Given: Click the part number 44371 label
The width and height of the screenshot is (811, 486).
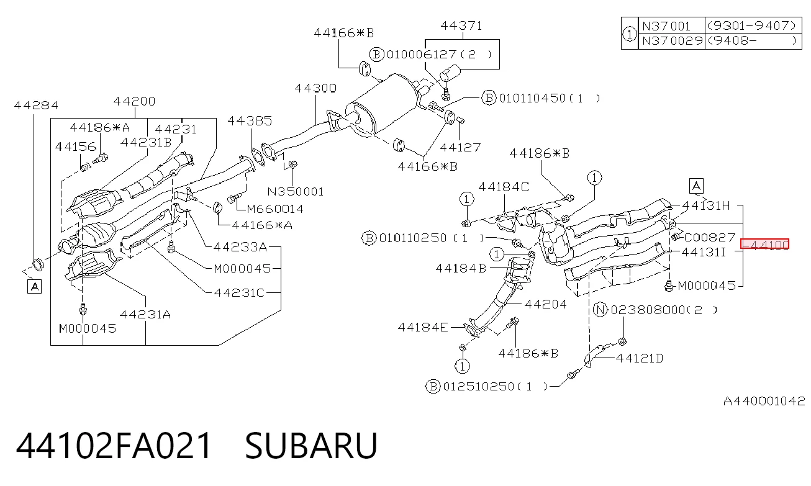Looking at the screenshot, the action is tap(461, 26).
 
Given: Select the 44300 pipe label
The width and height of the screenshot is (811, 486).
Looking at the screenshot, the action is tap(315, 88).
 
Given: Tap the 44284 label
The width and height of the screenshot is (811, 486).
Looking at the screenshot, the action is tap(36, 106).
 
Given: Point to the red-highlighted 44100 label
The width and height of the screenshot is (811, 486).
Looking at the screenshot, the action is tap(764, 245).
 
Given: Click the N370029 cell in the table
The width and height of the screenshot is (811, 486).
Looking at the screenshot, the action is tap(672, 40).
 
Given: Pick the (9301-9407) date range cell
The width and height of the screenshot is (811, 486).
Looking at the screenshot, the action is tap(753, 25).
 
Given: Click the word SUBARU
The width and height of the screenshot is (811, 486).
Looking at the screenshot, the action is tap(311, 445).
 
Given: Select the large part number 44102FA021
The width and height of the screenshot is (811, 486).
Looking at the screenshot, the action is tap(113, 445).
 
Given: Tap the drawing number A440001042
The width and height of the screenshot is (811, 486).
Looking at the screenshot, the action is tap(764, 401).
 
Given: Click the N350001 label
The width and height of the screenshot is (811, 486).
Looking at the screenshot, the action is tap(296, 191).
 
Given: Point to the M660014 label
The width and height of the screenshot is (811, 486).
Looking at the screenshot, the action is tap(275, 209).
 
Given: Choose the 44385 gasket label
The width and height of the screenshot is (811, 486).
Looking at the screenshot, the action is tap(250, 121).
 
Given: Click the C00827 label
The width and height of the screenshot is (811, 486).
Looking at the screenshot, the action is tap(710, 237).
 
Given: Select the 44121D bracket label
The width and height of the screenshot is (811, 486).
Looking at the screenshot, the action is tap(640, 358).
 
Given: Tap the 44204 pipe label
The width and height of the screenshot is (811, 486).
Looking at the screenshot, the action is tap(546, 304).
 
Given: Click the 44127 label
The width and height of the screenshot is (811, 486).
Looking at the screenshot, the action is tap(460, 148).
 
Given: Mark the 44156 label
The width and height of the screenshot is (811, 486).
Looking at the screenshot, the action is tap(76, 146).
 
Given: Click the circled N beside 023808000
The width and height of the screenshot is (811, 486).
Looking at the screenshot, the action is tap(600, 310).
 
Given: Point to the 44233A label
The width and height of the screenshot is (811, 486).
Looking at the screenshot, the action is tap(240, 247).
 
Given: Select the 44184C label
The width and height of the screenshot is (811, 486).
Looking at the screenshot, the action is tap(504, 187).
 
